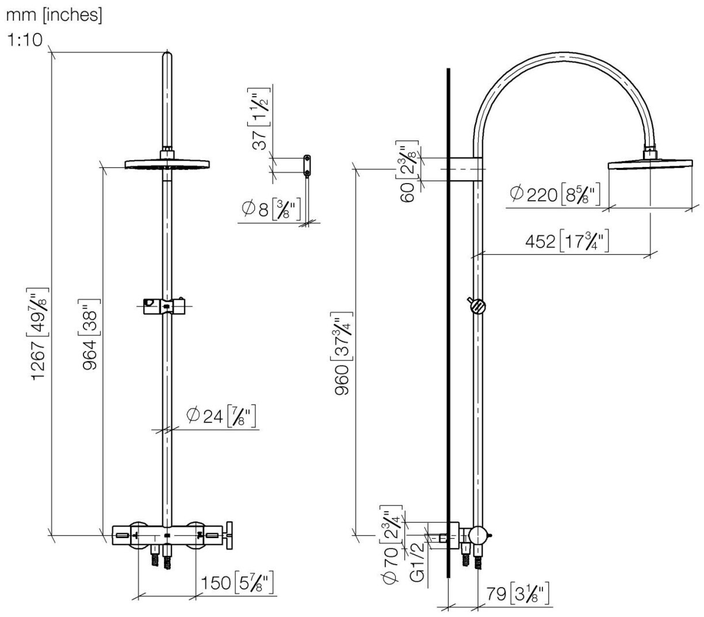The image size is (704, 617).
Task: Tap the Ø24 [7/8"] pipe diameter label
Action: pos(221,415)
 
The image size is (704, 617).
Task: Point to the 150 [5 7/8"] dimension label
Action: pos(236,583)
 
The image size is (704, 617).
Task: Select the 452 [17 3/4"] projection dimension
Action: pos(567,242)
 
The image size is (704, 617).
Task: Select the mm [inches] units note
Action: pos(54,15)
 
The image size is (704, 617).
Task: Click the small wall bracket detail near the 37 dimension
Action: pos(308,163)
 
